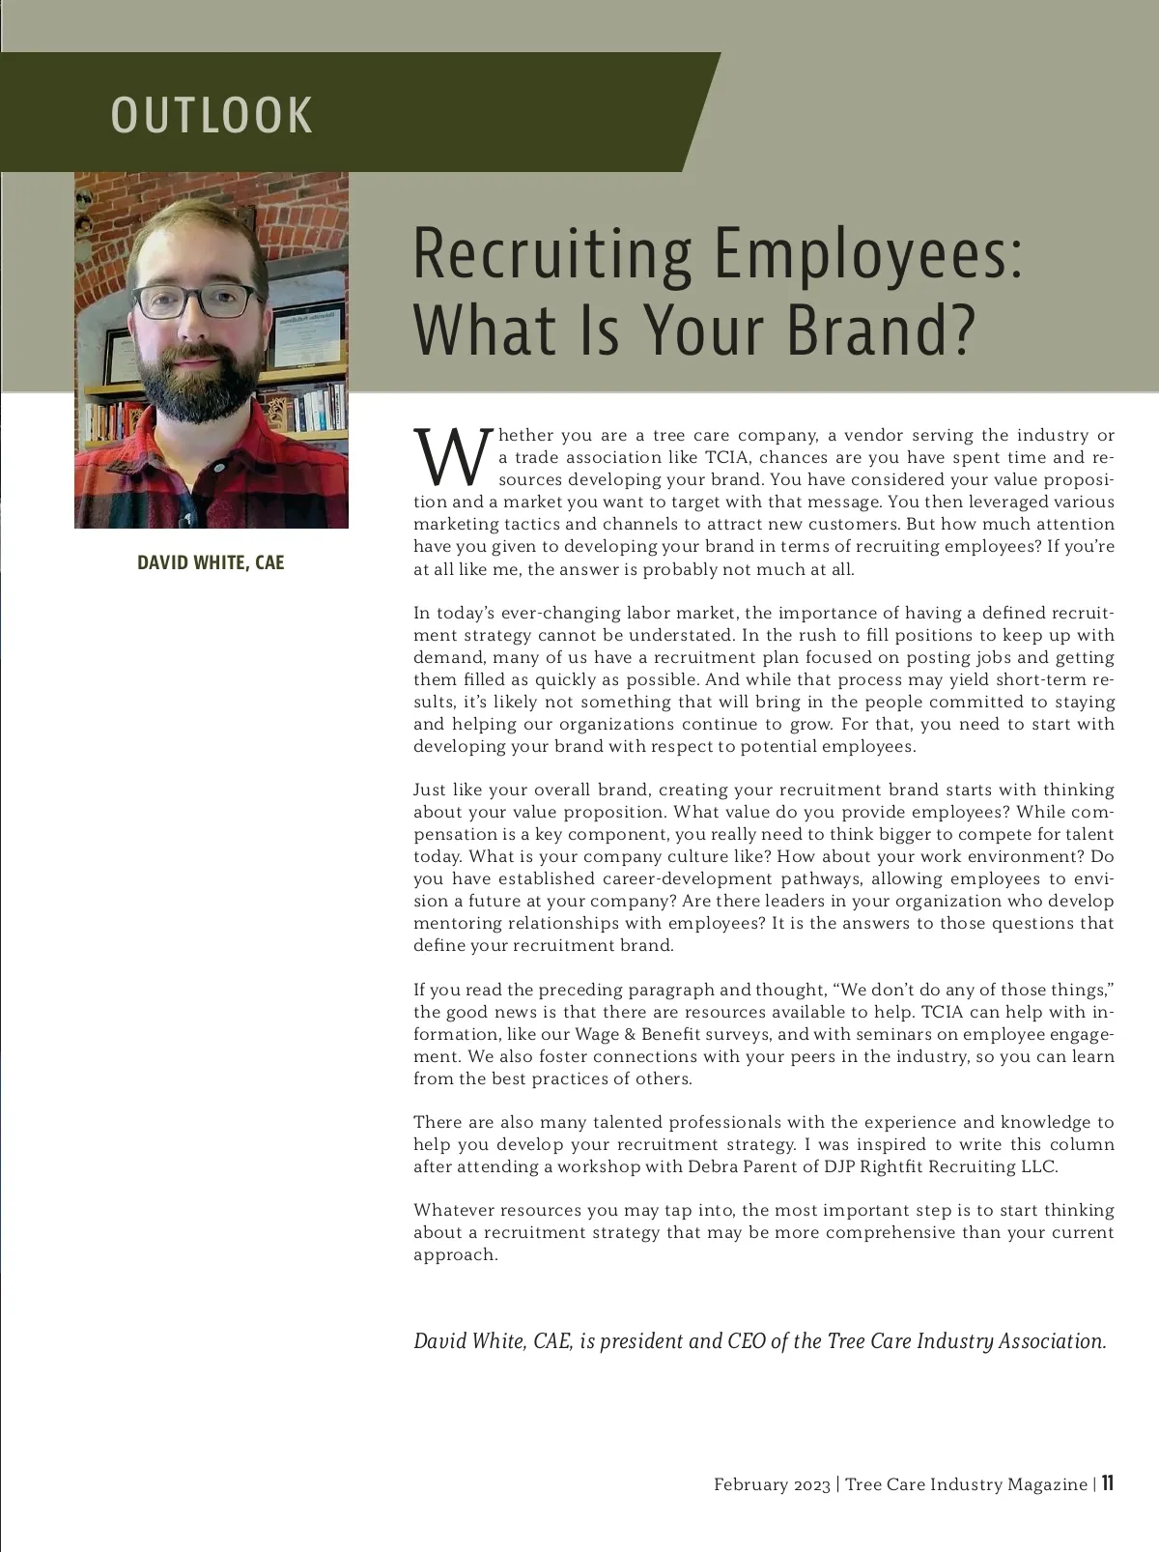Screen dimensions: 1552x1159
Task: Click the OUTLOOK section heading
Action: click(212, 114)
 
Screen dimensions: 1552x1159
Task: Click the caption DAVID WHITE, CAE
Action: click(211, 562)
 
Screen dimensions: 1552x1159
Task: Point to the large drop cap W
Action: click(448, 456)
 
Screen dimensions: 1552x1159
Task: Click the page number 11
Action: click(1107, 1483)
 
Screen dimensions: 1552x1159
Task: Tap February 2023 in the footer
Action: click(772, 1484)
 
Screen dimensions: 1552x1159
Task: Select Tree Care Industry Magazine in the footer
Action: click(966, 1484)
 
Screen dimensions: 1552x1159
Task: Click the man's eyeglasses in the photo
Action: click(197, 302)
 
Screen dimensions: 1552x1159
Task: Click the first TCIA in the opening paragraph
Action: click(727, 457)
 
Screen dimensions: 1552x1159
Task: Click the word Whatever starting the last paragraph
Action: click(452, 1210)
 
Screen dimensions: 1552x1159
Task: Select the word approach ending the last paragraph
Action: click(454, 1255)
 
